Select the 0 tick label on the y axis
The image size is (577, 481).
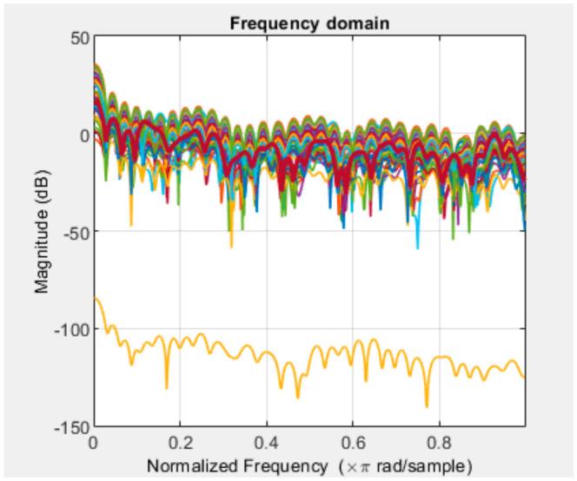(83, 135)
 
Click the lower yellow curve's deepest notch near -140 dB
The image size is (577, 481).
(427, 405)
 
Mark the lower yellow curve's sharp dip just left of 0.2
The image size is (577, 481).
(166, 387)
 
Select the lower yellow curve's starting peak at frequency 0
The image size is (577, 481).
(96, 300)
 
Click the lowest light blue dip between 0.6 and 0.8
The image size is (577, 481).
(417, 247)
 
